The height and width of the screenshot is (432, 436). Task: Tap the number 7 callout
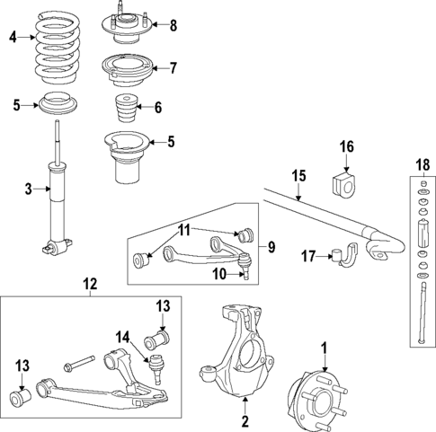click(x=174, y=67)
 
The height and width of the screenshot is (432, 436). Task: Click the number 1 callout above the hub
click(x=325, y=346)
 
